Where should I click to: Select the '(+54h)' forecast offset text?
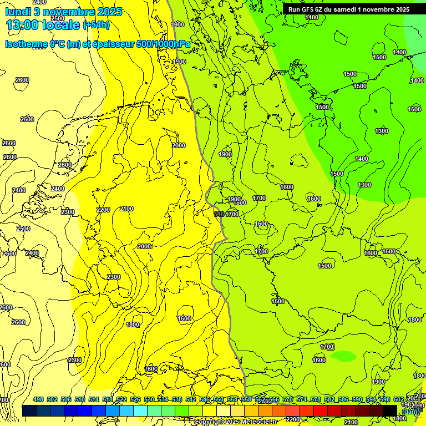[x=96, y=25]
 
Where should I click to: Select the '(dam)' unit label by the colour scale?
[x=410, y=411]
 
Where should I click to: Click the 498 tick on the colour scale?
[x=38, y=400]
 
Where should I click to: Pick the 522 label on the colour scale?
[x=121, y=400]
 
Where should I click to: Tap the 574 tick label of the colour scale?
[x=302, y=400]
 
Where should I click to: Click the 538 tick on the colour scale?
[x=177, y=400]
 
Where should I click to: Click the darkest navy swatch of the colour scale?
[x=29, y=410]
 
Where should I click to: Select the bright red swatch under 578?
[x=320, y=410]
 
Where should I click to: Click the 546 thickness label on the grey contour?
[x=220, y=214]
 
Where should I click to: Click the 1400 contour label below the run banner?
[x=312, y=17]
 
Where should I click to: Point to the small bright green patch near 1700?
[x=344, y=355]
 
